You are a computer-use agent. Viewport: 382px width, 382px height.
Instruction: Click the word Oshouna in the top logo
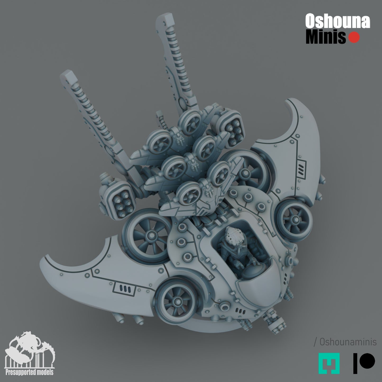pos(338,21)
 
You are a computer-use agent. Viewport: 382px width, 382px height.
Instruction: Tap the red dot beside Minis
pos(354,38)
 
